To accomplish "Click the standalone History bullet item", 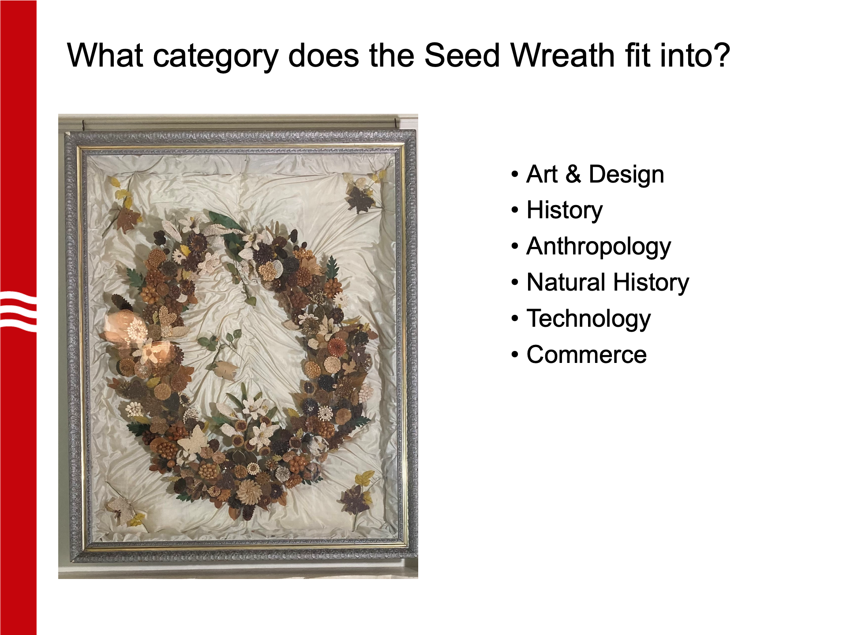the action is click(x=565, y=210).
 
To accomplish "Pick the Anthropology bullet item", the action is click(x=599, y=247).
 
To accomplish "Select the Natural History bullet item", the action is click(x=608, y=283).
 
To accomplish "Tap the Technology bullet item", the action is click(x=588, y=319).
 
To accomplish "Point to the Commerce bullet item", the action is click(x=587, y=355).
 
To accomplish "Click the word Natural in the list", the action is click(x=566, y=282).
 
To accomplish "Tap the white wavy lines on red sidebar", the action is click(x=18, y=311).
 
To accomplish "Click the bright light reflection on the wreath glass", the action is click(x=135, y=336).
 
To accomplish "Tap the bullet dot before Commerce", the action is click(x=515, y=355).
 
